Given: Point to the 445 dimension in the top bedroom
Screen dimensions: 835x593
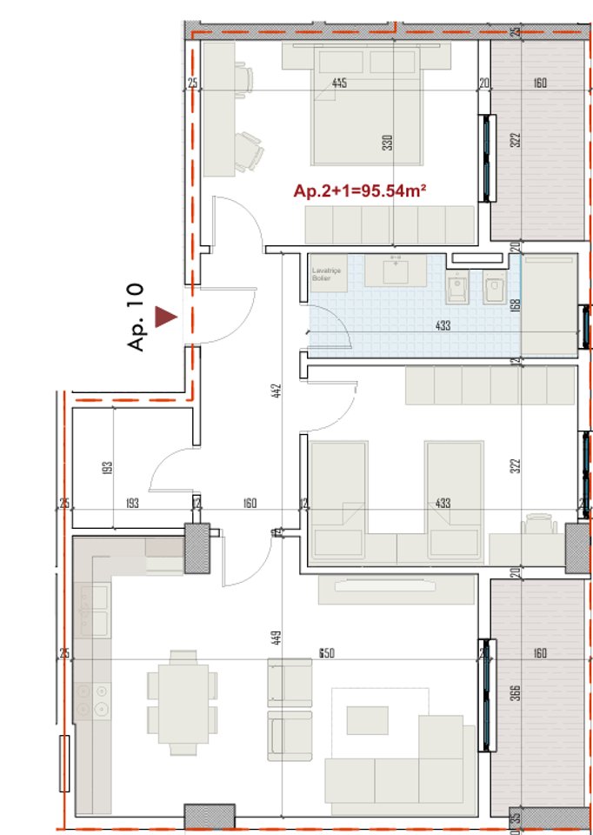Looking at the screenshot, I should pyautogui.click(x=340, y=83).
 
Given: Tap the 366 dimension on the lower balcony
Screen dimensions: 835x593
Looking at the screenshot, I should pyautogui.click(x=515, y=692).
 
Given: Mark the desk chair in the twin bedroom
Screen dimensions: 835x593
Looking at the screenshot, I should pyautogui.click(x=540, y=523).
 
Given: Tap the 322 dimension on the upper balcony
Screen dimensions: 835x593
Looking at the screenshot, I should pyautogui.click(x=515, y=140).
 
